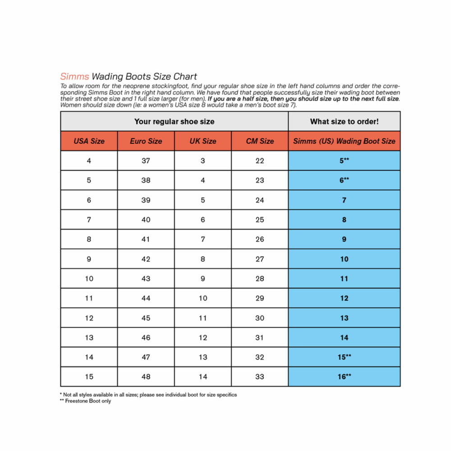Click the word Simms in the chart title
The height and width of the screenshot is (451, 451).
74,77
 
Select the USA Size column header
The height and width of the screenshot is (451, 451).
89,141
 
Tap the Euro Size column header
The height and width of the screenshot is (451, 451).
146,141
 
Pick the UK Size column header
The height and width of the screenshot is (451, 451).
203,141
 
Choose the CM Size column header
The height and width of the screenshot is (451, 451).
260,141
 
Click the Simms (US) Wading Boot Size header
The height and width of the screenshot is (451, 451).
344,141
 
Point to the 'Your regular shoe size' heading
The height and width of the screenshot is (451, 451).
174,121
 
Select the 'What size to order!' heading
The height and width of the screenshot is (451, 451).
344,121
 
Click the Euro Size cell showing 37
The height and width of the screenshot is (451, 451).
146,161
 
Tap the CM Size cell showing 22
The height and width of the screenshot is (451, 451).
260,161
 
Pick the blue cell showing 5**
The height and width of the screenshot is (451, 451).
344,161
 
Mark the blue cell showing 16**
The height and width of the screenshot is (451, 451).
344,377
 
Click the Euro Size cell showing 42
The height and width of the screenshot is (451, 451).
146,259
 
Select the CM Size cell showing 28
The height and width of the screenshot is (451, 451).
260,279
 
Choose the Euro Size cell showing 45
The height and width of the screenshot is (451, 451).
146,318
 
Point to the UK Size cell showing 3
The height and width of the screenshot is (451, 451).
203,161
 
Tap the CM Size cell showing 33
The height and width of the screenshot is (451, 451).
260,377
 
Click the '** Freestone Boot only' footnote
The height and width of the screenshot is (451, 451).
85,401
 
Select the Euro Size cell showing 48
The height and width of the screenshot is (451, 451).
146,377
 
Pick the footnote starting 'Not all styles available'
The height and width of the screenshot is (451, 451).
149,395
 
